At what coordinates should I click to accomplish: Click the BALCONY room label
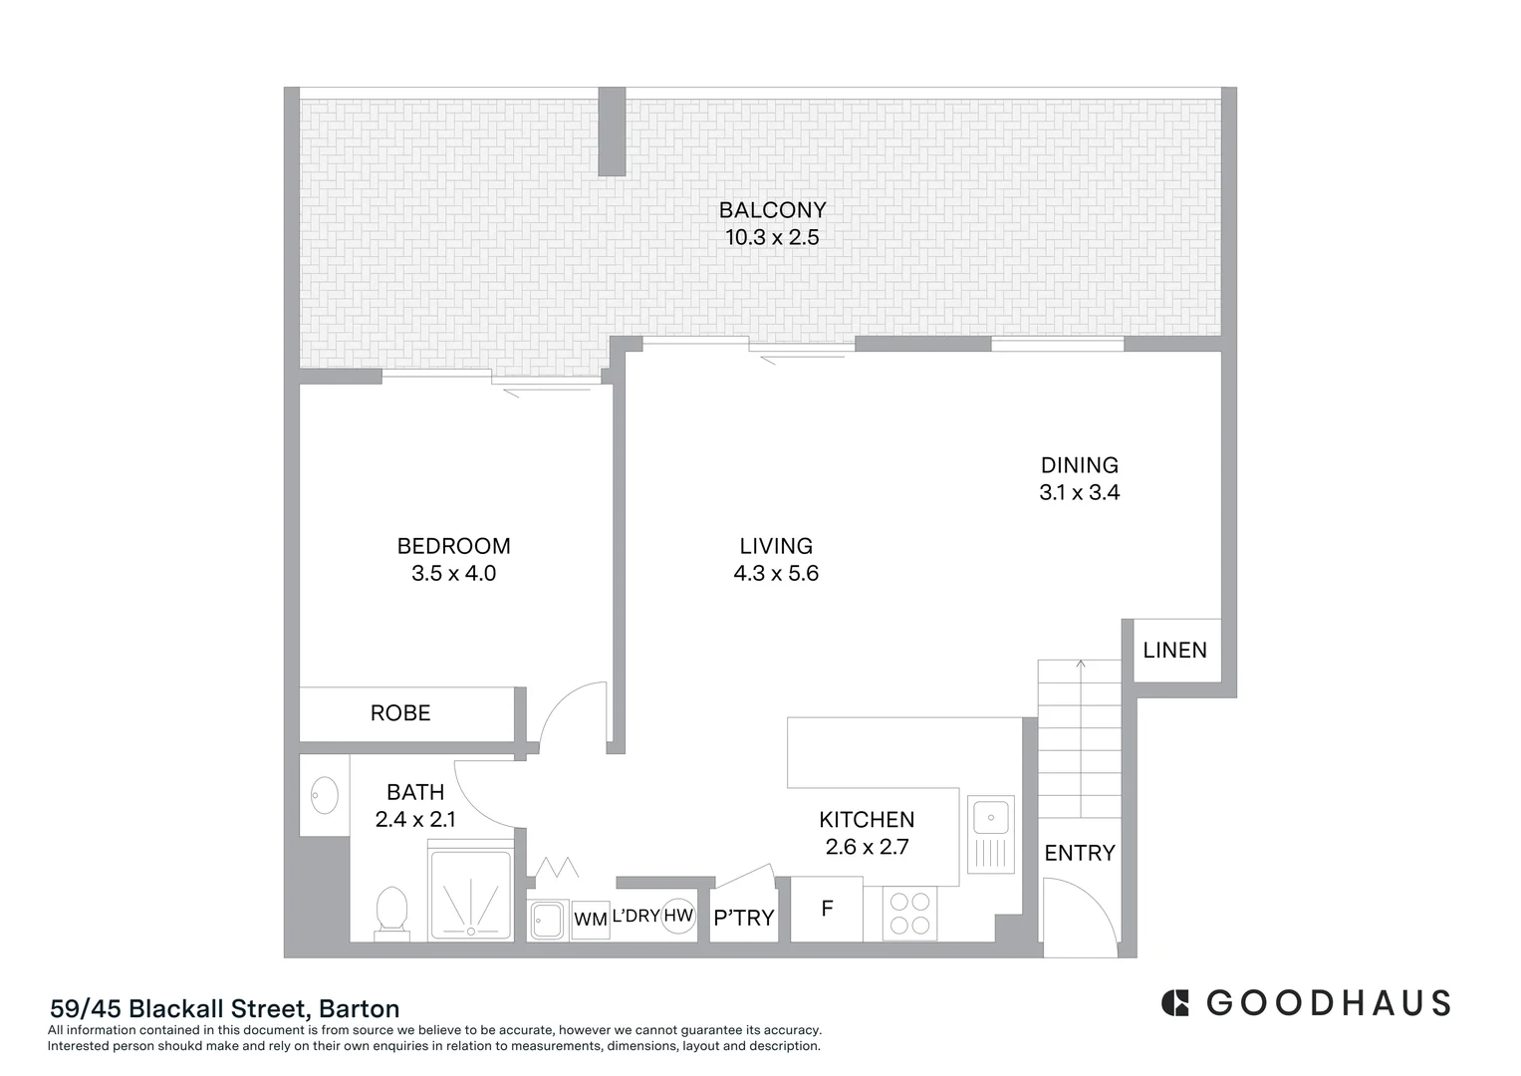point(772,210)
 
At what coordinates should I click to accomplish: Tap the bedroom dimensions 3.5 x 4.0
point(453,574)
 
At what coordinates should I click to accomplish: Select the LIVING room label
point(776,546)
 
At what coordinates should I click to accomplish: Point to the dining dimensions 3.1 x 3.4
point(1079,492)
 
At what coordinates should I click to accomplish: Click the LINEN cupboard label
point(1174,651)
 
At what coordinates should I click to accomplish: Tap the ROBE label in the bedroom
point(400,713)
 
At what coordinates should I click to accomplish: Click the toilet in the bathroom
point(391,913)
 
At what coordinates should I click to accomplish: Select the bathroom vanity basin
point(324,795)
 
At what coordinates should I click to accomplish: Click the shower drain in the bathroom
point(471,930)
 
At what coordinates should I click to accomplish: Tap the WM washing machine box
point(591,920)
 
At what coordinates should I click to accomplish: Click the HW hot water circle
point(678,916)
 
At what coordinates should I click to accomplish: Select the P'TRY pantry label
point(743,918)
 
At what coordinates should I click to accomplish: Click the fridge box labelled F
point(826,909)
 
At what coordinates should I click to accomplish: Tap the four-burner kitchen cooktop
point(909,914)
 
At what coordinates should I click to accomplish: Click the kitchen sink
point(991,818)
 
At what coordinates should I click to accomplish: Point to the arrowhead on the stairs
point(1081,664)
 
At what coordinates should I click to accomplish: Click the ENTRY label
point(1079,853)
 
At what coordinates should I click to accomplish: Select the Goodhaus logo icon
point(1175,1002)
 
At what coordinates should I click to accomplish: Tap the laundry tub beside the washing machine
point(548,920)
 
